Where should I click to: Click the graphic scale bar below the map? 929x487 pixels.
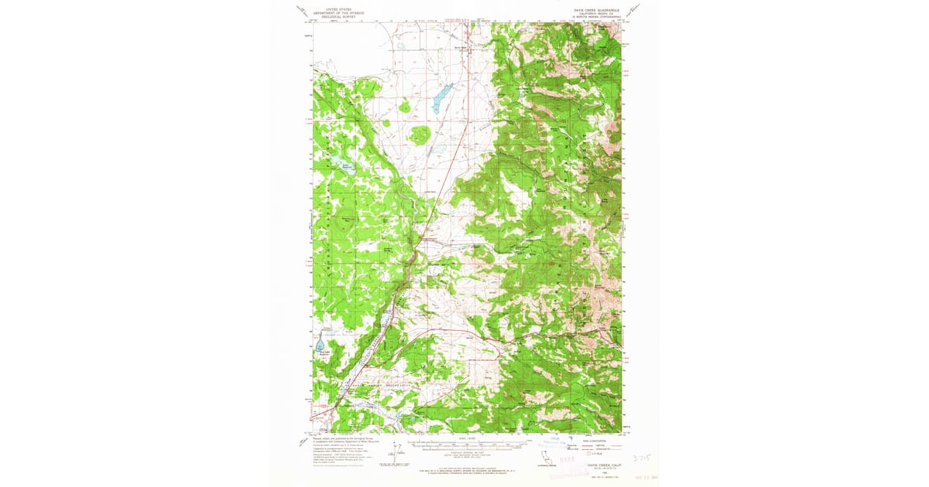[x=464, y=445]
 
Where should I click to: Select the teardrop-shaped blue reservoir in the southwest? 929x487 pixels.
[x=320, y=342]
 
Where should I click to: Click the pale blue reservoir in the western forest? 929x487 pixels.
[x=341, y=163]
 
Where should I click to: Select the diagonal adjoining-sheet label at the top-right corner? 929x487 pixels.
[x=633, y=10]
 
